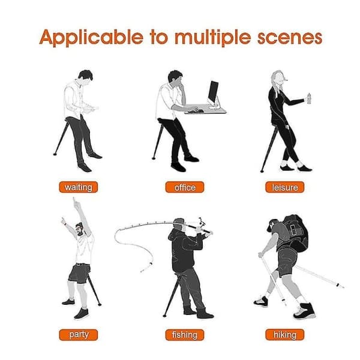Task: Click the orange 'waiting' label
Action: click(x=78, y=187)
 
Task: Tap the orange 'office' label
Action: click(x=185, y=187)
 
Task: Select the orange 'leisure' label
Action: click(x=284, y=187)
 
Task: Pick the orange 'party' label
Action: click(x=78, y=335)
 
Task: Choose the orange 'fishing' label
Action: click(x=185, y=335)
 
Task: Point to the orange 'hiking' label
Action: click(x=284, y=335)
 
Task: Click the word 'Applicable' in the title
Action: click(x=91, y=37)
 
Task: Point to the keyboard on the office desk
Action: click(x=196, y=111)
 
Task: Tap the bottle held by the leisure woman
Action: click(x=309, y=99)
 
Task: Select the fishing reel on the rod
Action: click(x=201, y=221)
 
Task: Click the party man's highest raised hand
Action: click(x=74, y=202)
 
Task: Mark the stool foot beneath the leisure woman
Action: click(x=262, y=171)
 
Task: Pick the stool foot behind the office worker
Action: click(x=154, y=158)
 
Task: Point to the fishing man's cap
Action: click(x=179, y=221)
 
